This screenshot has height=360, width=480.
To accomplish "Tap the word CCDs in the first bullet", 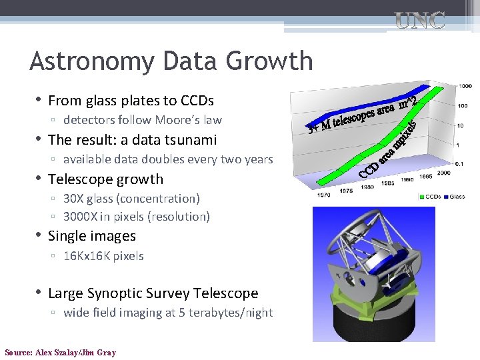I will [197, 101].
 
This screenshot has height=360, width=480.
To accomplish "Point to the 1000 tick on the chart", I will [465, 87].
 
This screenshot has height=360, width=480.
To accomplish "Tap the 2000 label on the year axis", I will [444, 173].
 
